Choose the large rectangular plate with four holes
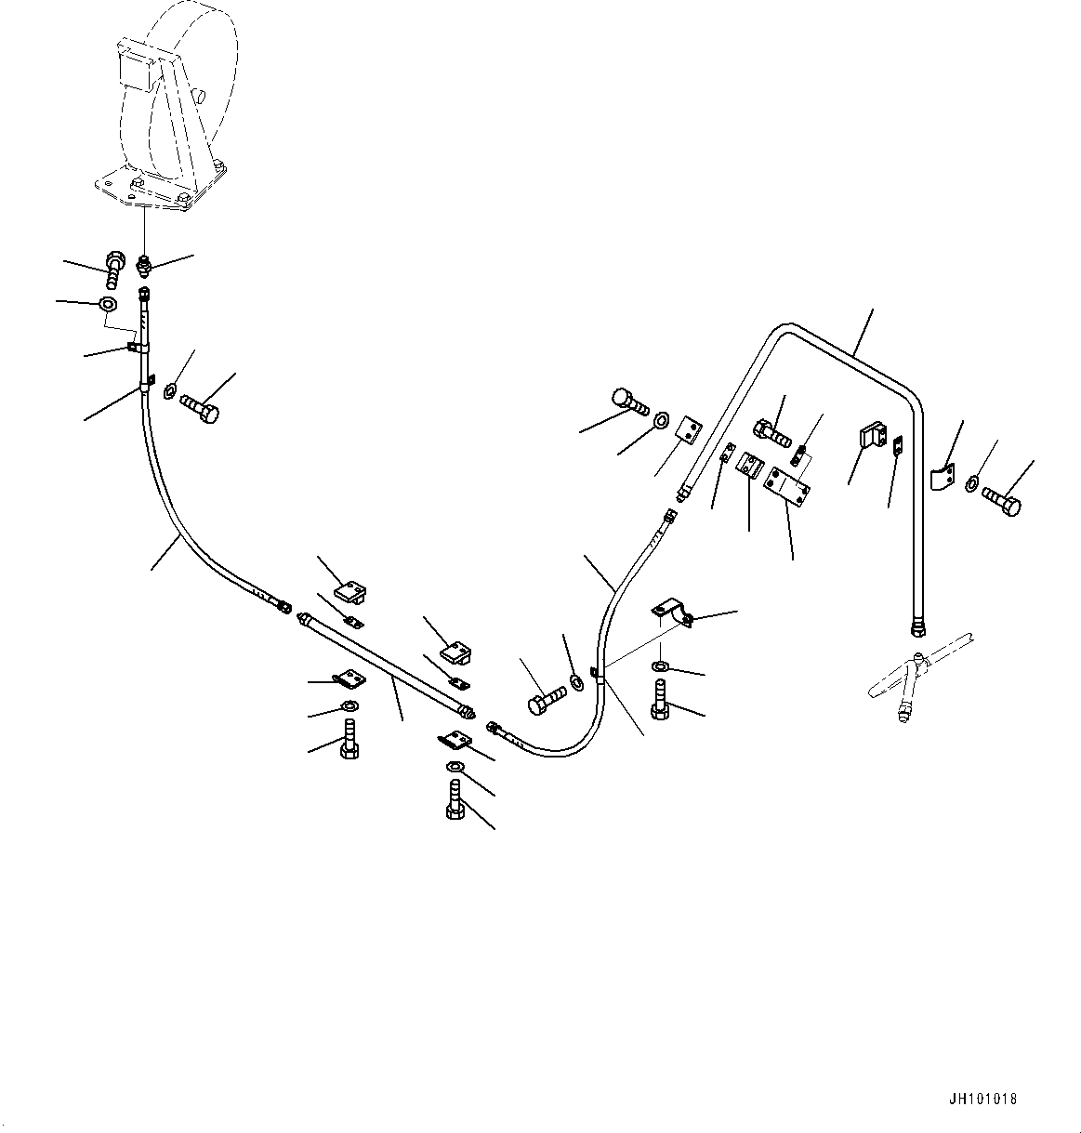pyautogui.click(x=786, y=485)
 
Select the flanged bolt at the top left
pyautogui.click(x=114, y=270)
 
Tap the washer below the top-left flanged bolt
pyautogui.click(x=107, y=305)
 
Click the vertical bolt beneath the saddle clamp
pyautogui.click(x=660, y=699)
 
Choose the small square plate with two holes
pyautogui.click(x=687, y=431)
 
